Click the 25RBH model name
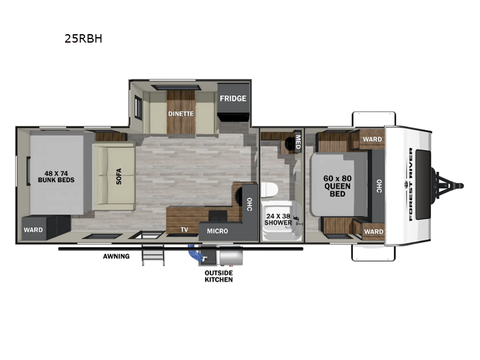coord(83,38)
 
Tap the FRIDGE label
coord(233,98)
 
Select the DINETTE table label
coord(181,113)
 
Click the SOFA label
coord(119,176)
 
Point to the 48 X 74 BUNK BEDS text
coord(56,176)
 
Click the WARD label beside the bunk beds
coord(34,230)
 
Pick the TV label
coord(184,230)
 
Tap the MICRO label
coord(217,231)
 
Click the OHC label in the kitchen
coord(250,205)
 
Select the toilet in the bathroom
coord(269,190)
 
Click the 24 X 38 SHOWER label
coord(278,220)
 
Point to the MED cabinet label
coord(298,142)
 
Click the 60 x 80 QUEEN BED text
coord(337,186)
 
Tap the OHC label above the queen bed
coord(379,186)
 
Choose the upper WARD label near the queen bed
coord(372,139)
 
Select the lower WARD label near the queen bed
coord(374,232)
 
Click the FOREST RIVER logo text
coord(410,184)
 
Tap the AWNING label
coord(116,256)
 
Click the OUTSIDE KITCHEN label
coord(218,276)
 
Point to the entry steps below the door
coord(153,256)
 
